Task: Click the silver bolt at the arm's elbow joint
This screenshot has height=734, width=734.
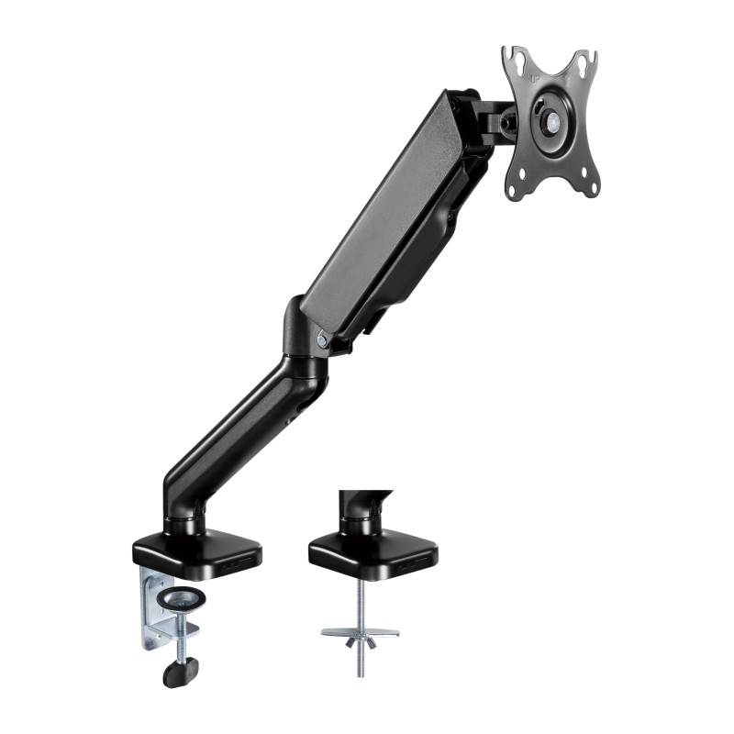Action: [322, 339]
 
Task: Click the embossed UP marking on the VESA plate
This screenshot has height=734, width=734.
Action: [539, 81]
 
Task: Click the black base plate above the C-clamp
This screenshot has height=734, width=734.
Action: [196, 551]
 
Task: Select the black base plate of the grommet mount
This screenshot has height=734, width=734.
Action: [372, 553]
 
